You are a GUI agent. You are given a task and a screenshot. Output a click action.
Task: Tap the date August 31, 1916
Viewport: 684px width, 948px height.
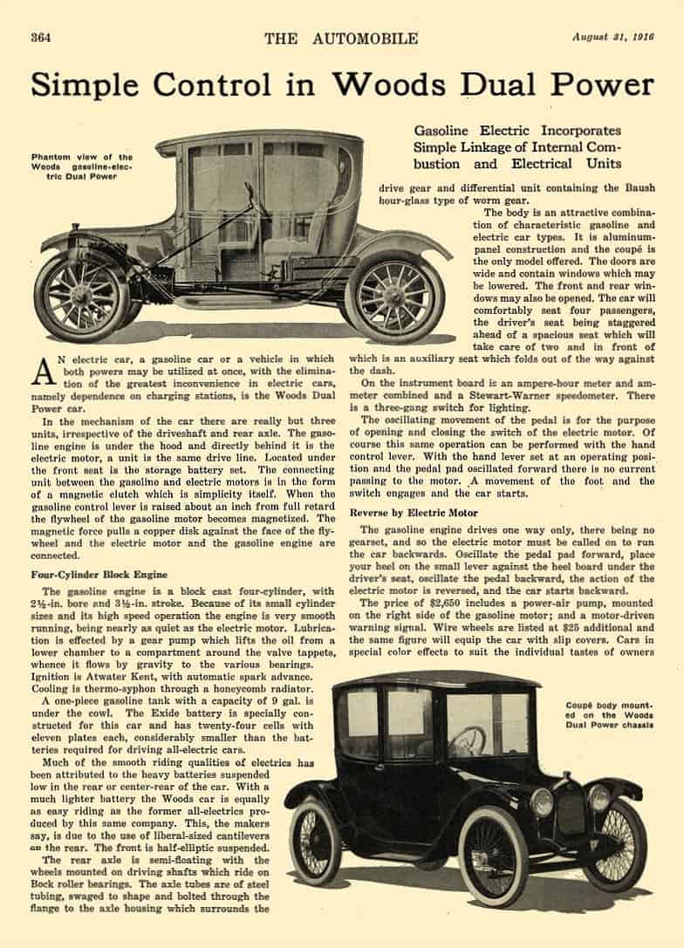[612, 38]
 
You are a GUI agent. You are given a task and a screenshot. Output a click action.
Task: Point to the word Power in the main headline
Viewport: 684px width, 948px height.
[600, 85]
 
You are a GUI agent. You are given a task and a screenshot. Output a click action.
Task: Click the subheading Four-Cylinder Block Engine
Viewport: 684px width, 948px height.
[99, 575]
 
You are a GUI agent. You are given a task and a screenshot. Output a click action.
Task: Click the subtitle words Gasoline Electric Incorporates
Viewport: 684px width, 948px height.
[516, 131]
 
